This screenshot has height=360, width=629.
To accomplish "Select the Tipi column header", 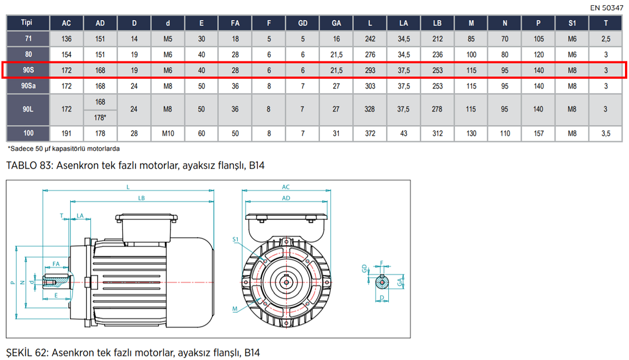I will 26,23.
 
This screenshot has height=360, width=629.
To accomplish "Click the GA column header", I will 337,24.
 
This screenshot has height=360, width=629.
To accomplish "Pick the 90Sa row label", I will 26,86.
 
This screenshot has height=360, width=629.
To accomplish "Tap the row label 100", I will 26,133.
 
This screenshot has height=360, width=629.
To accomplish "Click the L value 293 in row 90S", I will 370,70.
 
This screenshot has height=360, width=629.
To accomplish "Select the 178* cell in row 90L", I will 101,117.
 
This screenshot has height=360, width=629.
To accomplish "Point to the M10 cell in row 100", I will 168,133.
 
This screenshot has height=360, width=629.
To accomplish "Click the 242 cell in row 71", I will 370,39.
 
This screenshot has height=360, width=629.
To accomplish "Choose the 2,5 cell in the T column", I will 605,39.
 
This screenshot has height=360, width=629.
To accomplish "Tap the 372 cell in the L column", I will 370,133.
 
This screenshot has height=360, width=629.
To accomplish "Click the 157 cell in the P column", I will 539,133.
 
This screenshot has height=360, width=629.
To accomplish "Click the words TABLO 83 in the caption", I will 30,166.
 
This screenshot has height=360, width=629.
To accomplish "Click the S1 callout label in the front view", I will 236,238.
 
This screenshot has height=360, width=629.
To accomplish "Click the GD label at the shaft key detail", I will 364,268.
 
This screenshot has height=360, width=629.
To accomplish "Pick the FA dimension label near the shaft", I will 56,263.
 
